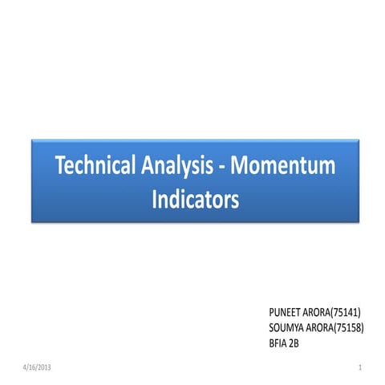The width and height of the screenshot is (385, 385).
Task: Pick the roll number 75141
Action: pos(347,309)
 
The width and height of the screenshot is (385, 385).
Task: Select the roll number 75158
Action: pos(349,327)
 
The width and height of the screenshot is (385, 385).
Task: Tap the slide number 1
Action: pos(362,367)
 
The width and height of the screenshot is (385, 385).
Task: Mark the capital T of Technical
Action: pos(59,166)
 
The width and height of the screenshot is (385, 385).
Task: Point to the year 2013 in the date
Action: pos(43,367)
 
